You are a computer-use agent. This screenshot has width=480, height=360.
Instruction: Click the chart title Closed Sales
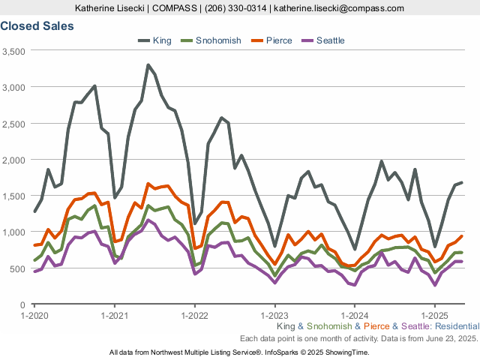[37, 25]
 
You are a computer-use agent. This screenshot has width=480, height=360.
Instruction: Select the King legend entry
[161, 40]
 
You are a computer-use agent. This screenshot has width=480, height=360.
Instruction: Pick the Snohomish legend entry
[218, 40]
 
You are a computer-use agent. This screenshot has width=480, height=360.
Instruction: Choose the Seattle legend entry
[330, 40]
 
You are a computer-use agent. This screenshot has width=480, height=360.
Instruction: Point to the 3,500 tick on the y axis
[14, 51]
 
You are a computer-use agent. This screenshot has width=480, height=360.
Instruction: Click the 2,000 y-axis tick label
[14, 160]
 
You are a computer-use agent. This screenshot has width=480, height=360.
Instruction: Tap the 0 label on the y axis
[23, 304]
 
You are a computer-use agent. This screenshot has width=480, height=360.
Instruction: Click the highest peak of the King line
[148, 65]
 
